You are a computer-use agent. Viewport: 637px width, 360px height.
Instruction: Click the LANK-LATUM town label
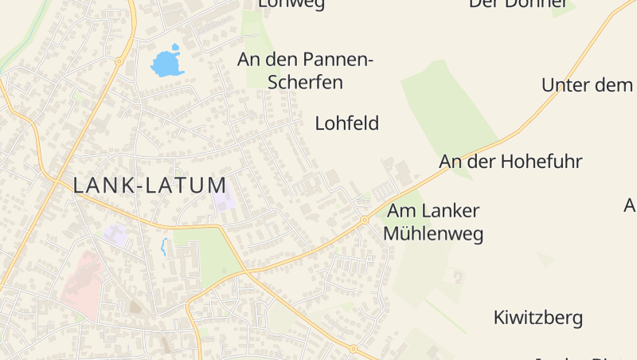tap(150, 186)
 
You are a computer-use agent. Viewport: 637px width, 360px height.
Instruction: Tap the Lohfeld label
tap(347, 123)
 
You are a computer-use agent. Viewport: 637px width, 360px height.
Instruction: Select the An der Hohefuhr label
tap(510, 162)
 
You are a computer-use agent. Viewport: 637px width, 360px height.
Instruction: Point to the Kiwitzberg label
tap(538, 319)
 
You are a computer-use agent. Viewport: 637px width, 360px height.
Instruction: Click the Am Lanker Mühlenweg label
tap(433, 222)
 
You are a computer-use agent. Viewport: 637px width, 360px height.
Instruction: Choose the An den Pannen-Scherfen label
tap(306, 70)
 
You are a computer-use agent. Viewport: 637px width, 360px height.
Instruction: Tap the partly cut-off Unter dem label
tap(587, 85)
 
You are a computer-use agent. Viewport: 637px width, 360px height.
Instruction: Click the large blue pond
tap(168, 62)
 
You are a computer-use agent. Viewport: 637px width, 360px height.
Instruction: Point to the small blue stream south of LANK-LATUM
tap(164, 247)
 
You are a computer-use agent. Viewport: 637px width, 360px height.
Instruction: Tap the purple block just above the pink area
tap(115, 234)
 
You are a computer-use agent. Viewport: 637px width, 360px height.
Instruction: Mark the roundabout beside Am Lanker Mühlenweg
tap(364, 219)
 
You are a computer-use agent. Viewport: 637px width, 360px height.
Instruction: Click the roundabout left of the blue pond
tap(119, 61)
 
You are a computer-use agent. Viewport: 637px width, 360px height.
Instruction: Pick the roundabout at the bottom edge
tap(353, 348)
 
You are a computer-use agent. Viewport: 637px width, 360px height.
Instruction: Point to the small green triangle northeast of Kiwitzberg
tap(545, 259)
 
